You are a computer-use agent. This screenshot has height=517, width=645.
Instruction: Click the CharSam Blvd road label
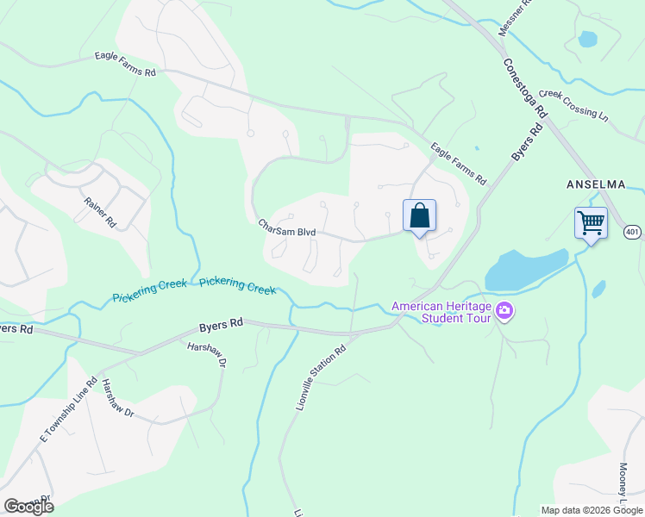coord(287,227)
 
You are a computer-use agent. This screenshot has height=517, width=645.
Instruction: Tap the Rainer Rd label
coord(100,211)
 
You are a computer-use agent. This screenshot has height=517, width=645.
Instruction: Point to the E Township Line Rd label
coord(68,410)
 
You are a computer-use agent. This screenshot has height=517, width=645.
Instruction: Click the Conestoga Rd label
coord(525,88)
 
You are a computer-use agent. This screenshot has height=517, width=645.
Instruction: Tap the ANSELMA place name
coord(594,184)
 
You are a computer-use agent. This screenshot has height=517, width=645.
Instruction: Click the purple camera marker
coord(504,312)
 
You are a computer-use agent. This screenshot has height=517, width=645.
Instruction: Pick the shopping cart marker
coord(591,222)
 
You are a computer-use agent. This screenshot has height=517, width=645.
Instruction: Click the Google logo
coord(28,507)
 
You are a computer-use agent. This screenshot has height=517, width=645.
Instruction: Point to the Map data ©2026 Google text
coord(592,510)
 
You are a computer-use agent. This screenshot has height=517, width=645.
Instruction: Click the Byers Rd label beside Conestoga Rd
coord(527,142)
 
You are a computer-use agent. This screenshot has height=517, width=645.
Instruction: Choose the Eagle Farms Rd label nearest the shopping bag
coord(459,165)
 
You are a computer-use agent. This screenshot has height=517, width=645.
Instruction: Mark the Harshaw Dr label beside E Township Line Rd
coord(118,398)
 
